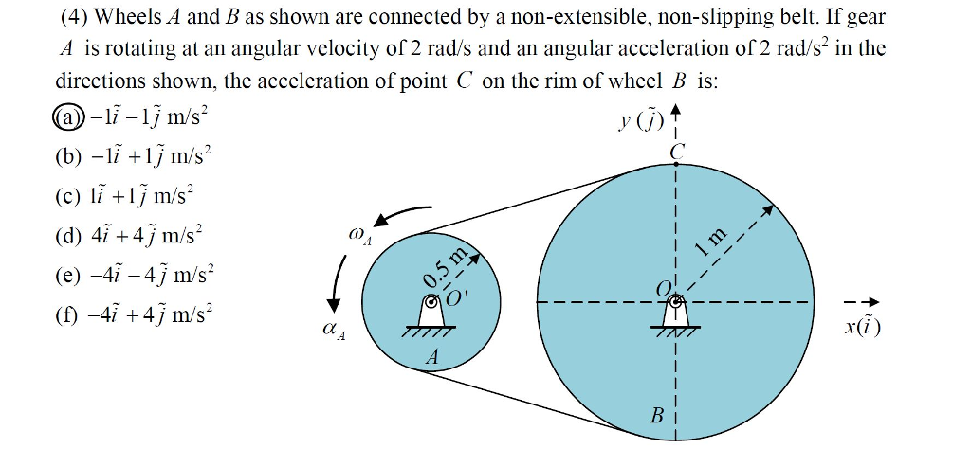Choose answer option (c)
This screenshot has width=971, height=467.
coord(123,195)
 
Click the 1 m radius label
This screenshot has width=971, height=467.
coord(710,242)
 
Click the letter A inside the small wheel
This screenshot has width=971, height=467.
coord(432,357)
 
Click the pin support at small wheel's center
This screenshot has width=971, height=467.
coord(431,310)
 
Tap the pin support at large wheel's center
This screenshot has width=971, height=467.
coord(675,309)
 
